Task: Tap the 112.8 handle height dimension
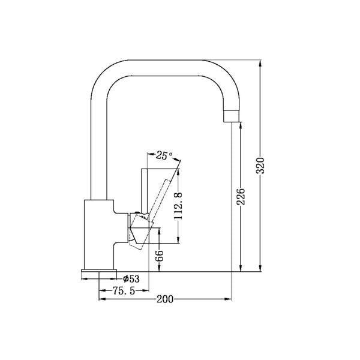click(178, 208)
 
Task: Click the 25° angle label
click(163, 156)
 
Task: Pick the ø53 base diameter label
click(131, 279)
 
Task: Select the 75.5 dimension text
click(124, 291)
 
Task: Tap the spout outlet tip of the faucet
click(233, 115)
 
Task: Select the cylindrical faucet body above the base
click(97, 234)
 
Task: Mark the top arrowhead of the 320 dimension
click(260, 62)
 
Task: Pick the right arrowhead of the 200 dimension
click(229, 299)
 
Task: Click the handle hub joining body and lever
click(138, 231)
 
